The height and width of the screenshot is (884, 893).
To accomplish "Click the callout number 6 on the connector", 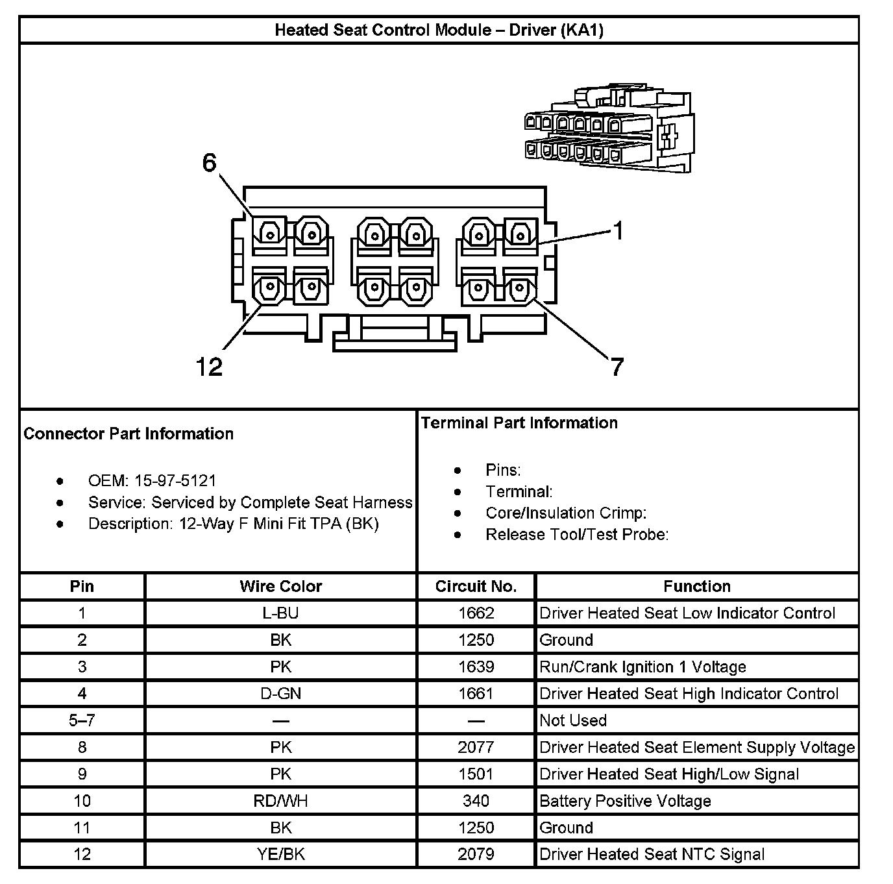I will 209,163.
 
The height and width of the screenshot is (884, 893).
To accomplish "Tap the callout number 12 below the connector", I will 209,367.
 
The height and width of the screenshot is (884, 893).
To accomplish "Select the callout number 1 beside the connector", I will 618,230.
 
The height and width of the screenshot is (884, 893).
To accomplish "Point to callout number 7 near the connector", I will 617,367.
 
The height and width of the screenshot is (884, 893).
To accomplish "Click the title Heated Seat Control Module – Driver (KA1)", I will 439,30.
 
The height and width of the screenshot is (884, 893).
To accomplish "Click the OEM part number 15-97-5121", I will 175,481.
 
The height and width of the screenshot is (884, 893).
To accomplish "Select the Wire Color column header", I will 280,587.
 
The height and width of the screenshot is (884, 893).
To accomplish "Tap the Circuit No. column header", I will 476,587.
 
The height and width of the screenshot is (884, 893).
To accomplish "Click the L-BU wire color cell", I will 280,613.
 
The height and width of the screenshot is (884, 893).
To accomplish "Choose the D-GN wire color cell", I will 280,694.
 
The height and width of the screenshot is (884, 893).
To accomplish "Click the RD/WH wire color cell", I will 280,801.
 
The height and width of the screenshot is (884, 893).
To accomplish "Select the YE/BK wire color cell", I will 280,854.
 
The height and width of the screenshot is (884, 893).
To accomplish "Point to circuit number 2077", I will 476,748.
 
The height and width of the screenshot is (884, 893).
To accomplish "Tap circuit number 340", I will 476,801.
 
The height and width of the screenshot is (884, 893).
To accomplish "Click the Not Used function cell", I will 573,720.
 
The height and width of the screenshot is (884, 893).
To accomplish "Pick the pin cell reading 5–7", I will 82,720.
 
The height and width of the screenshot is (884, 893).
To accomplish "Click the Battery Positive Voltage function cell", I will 625,801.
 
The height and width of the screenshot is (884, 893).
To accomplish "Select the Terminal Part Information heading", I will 519,423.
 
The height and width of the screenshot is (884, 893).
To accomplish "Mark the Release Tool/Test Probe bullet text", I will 577,535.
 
